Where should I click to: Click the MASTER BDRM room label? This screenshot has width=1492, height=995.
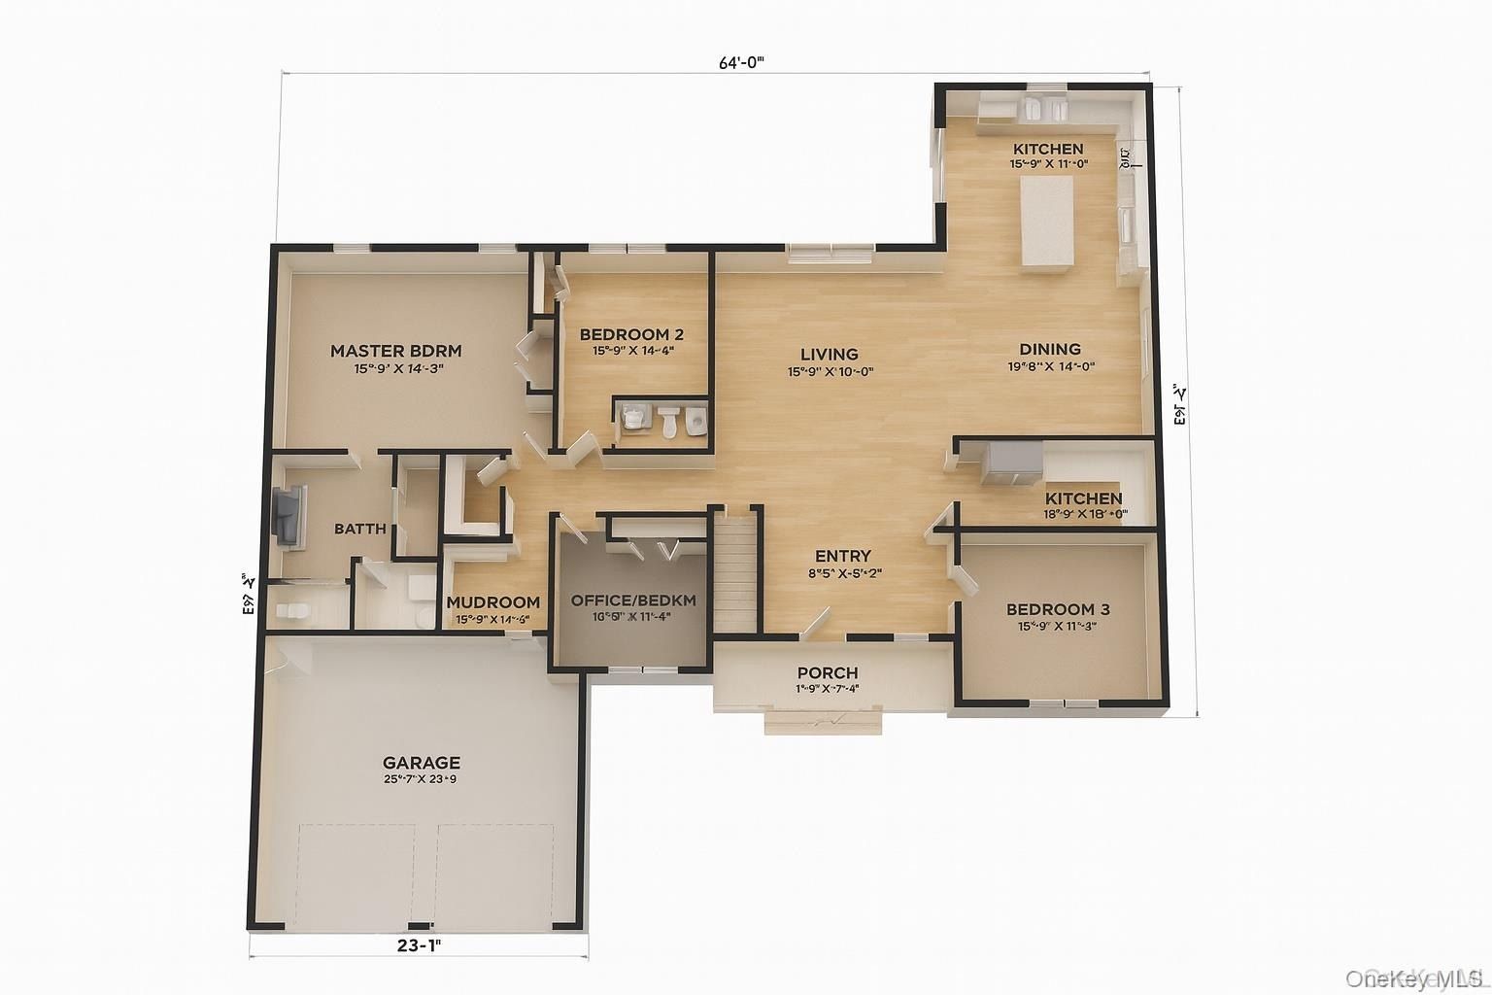[395, 351]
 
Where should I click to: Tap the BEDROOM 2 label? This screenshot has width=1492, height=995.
[632, 334]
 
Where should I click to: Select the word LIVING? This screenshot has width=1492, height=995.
[829, 354]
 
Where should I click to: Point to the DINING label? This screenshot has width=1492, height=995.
[1049, 349]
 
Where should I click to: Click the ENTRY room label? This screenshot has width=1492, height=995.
[842, 556]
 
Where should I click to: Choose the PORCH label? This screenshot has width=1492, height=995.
[827, 672]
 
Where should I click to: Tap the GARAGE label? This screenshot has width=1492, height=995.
[421, 763]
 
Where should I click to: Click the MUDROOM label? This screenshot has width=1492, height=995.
[492, 602]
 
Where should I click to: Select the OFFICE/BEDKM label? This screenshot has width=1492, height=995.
[632, 600]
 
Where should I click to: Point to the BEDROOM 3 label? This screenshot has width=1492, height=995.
[1058, 609]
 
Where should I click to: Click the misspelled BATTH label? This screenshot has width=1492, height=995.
[360, 529]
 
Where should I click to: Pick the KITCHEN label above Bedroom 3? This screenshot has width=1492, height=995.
[1083, 497]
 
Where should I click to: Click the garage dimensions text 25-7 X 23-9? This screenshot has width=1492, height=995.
[421, 779]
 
